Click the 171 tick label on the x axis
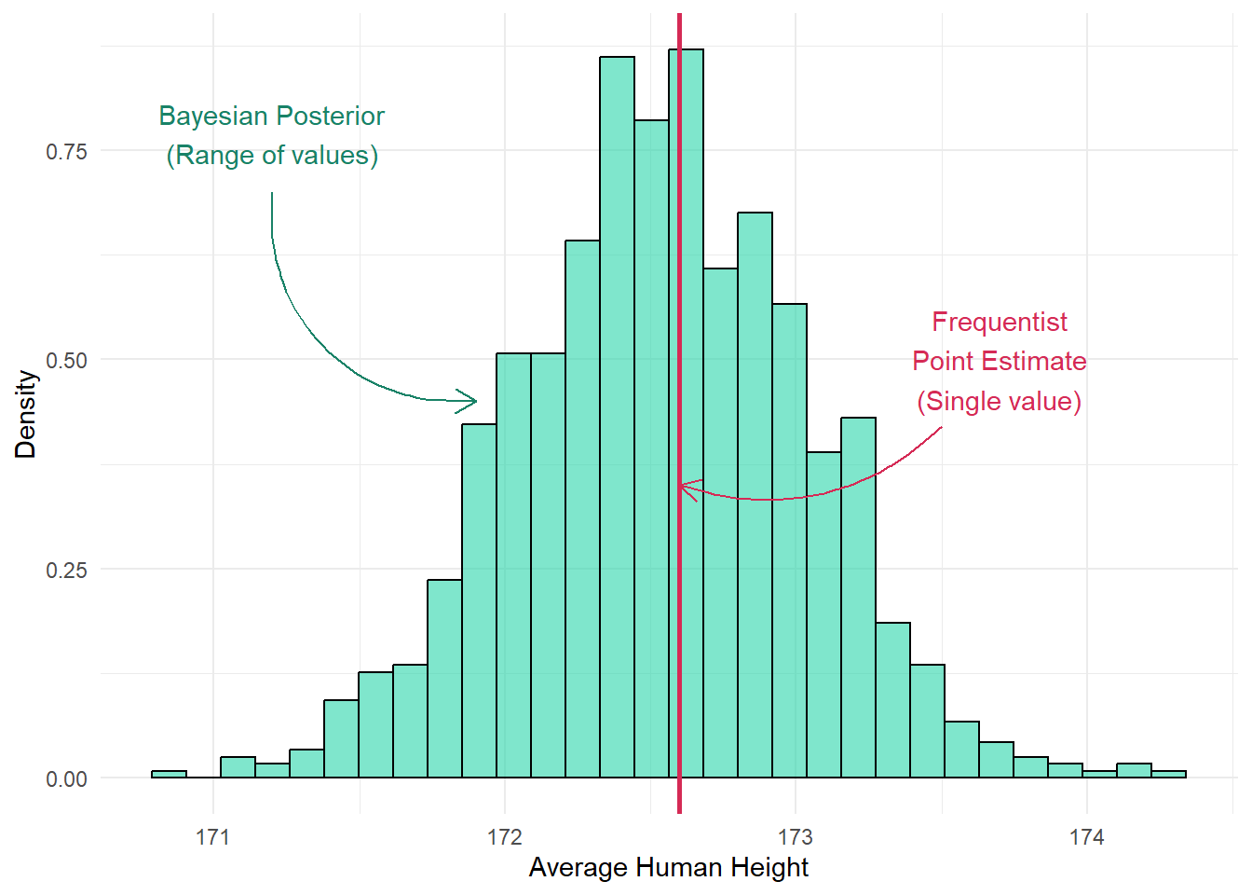213,837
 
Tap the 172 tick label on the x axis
505,837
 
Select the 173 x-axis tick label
796,837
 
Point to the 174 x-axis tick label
1086,837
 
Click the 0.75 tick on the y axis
66,151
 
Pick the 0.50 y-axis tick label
66,361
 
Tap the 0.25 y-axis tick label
66,570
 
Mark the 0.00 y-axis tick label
66,779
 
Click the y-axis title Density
26,414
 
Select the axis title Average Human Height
668,868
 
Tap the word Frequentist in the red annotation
1000,322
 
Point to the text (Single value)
999,401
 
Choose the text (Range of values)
272,155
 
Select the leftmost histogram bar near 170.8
169,774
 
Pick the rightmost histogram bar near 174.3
1168,774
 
